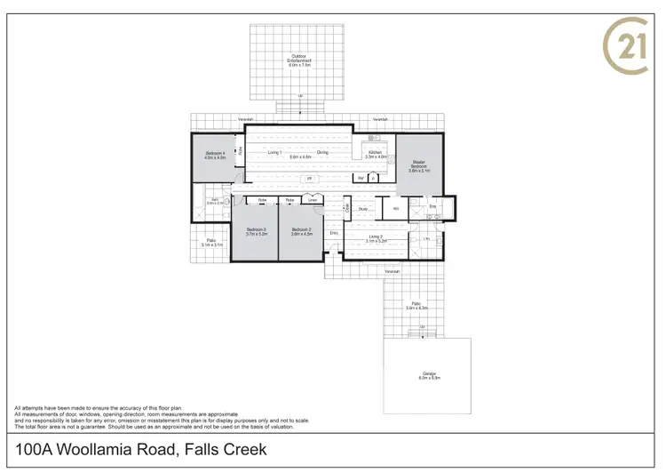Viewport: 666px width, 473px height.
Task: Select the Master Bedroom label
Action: click(x=419, y=164)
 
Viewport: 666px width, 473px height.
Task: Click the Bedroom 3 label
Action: click(x=256, y=229)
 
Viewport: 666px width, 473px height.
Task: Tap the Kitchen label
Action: click(x=376, y=152)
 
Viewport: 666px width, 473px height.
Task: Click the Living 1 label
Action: click(x=274, y=152)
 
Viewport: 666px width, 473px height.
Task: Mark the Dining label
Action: click(x=322, y=152)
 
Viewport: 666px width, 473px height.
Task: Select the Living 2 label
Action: click(x=377, y=236)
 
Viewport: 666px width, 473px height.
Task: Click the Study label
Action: click(x=363, y=209)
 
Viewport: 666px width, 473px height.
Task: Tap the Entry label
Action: click(x=334, y=233)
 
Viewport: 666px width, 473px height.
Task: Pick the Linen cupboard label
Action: click(x=310, y=200)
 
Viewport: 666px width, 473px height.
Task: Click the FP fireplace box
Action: click(x=309, y=179)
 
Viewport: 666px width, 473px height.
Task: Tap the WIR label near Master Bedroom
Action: click(x=395, y=209)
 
